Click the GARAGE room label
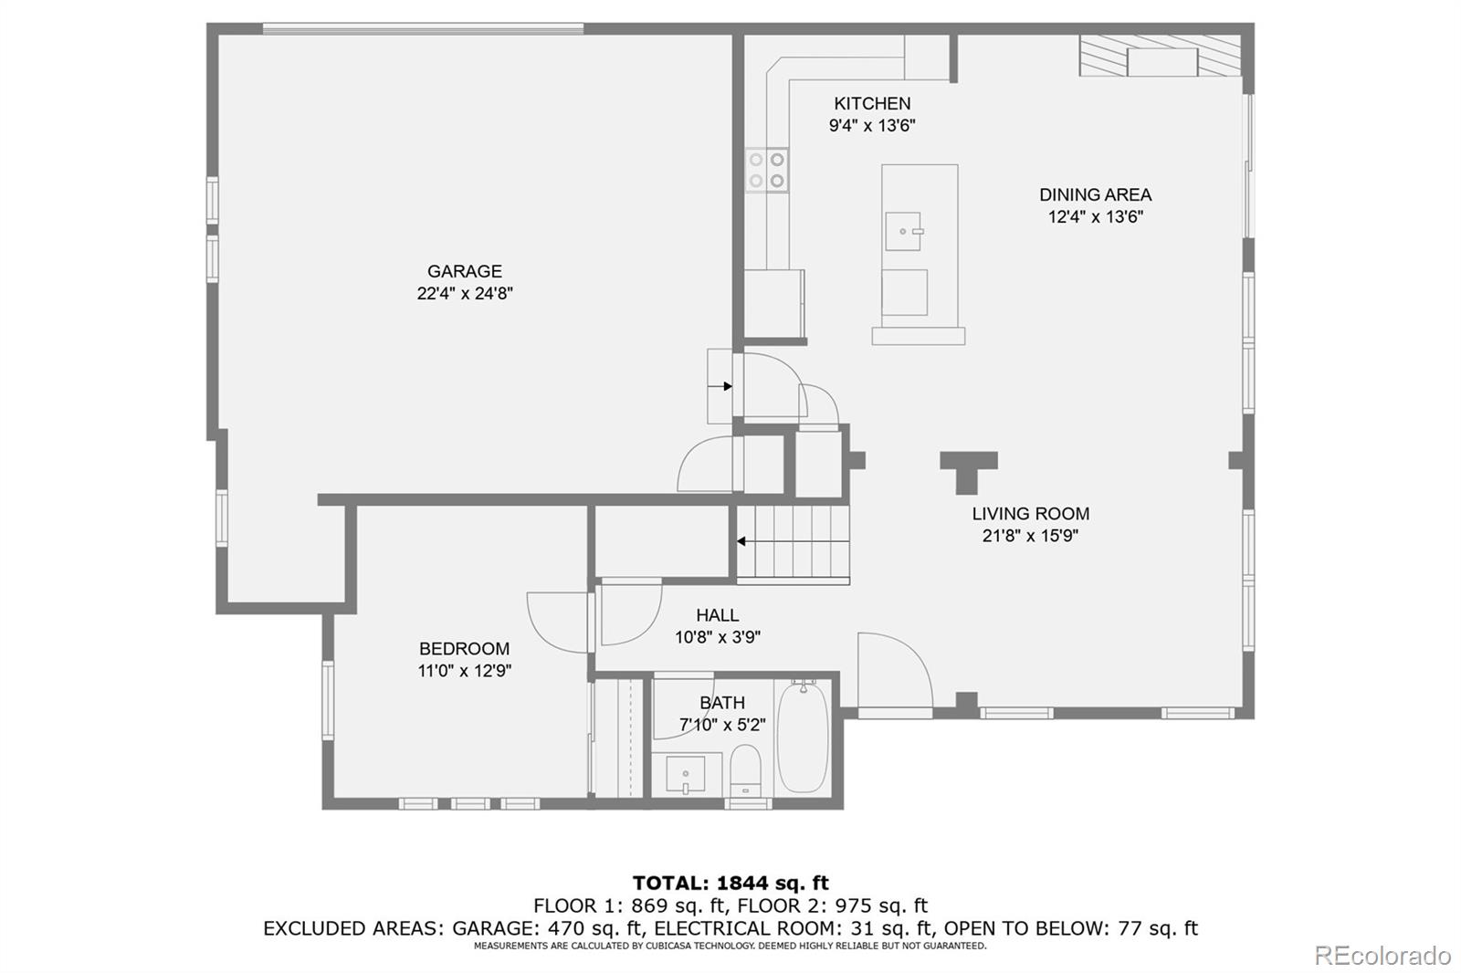[465, 271]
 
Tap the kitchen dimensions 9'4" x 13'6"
[872, 126]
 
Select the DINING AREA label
[1095, 194]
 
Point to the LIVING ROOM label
[1030, 514]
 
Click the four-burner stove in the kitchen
[767, 171]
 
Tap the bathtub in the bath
[803, 738]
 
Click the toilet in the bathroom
[746, 770]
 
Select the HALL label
[717, 615]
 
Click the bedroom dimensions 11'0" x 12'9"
[464, 671]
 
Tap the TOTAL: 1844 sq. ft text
[730, 883]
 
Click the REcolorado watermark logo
[1382, 955]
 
